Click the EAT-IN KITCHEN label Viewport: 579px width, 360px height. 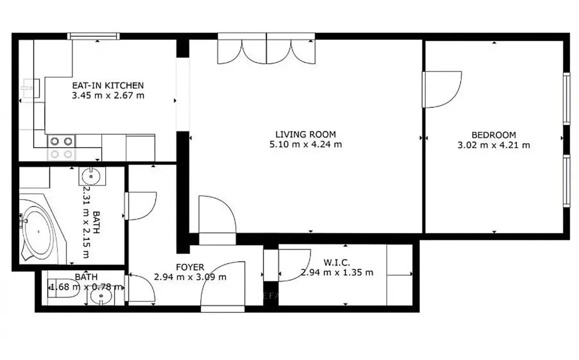tap(108, 85)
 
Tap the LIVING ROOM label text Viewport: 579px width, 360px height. tap(306, 135)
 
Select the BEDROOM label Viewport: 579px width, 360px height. tap(494, 135)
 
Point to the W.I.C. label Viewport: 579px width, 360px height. tap(337, 263)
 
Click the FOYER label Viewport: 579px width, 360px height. tap(190, 267)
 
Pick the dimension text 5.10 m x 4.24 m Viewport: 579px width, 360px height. tap(306, 144)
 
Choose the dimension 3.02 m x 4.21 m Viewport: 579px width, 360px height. tap(494, 145)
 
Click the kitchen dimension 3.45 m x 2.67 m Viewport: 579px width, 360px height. tap(108, 96)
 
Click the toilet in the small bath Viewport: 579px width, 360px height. tap(63, 288)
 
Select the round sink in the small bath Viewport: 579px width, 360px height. tap(101, 295)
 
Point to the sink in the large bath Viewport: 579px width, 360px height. tap(92, 176)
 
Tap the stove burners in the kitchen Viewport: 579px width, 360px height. tap(61, 148)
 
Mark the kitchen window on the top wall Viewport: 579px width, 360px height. tap(94, 36)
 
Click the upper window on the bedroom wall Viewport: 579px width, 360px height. tap(567, 98)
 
